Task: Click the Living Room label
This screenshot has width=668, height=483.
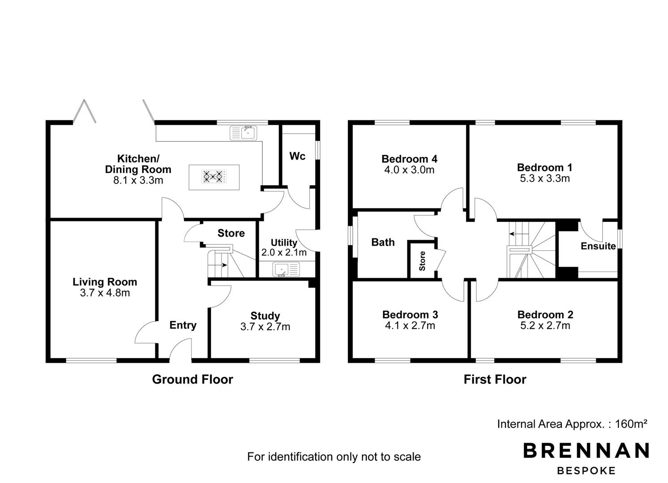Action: coord(105,282)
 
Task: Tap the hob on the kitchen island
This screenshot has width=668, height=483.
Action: coord(214,176)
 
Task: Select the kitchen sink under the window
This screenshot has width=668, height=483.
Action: coord(244,133)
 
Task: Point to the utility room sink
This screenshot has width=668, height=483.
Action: coord(286,269)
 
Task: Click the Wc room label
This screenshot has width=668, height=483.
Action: coord(297,156)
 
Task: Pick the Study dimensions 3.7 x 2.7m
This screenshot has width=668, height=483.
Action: coord(265,327)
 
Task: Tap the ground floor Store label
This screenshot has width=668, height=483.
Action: coord(231,233)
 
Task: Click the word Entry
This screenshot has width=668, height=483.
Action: coord(183,325)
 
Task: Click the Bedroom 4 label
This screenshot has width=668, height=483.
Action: coord(410,159)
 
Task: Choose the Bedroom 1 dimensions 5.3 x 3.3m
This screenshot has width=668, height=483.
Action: coord(545,178)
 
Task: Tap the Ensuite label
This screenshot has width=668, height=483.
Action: coord(598,246)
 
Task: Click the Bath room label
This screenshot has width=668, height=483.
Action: coord(383,242)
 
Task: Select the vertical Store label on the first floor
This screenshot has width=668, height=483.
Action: coord(422,261)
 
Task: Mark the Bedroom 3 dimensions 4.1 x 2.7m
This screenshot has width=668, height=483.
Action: coord(410,326)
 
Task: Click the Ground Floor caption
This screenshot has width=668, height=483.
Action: coord(193,380)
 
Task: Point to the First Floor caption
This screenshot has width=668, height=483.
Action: coord(495,380)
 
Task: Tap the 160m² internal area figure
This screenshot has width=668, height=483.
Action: coord(631,424)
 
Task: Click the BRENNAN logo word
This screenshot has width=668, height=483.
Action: coord(586,450)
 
